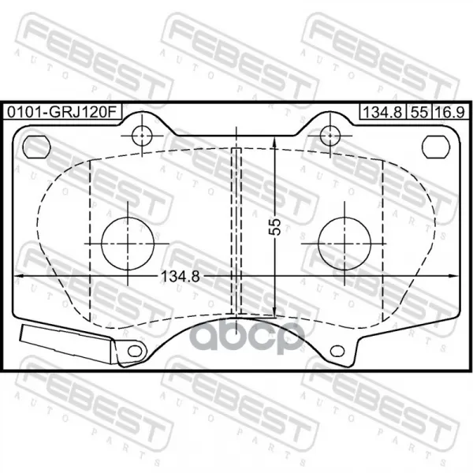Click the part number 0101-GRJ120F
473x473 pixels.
point(61,112)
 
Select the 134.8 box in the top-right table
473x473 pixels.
point(382,112)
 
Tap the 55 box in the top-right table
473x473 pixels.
point(419,112)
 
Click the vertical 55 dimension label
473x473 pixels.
point(274,226)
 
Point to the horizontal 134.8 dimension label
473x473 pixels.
point(181,277)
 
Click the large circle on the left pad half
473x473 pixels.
point(128,244)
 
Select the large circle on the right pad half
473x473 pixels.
point(345,244)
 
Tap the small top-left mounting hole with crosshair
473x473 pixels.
point(142,136)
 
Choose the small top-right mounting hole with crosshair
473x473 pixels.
point(330,136)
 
